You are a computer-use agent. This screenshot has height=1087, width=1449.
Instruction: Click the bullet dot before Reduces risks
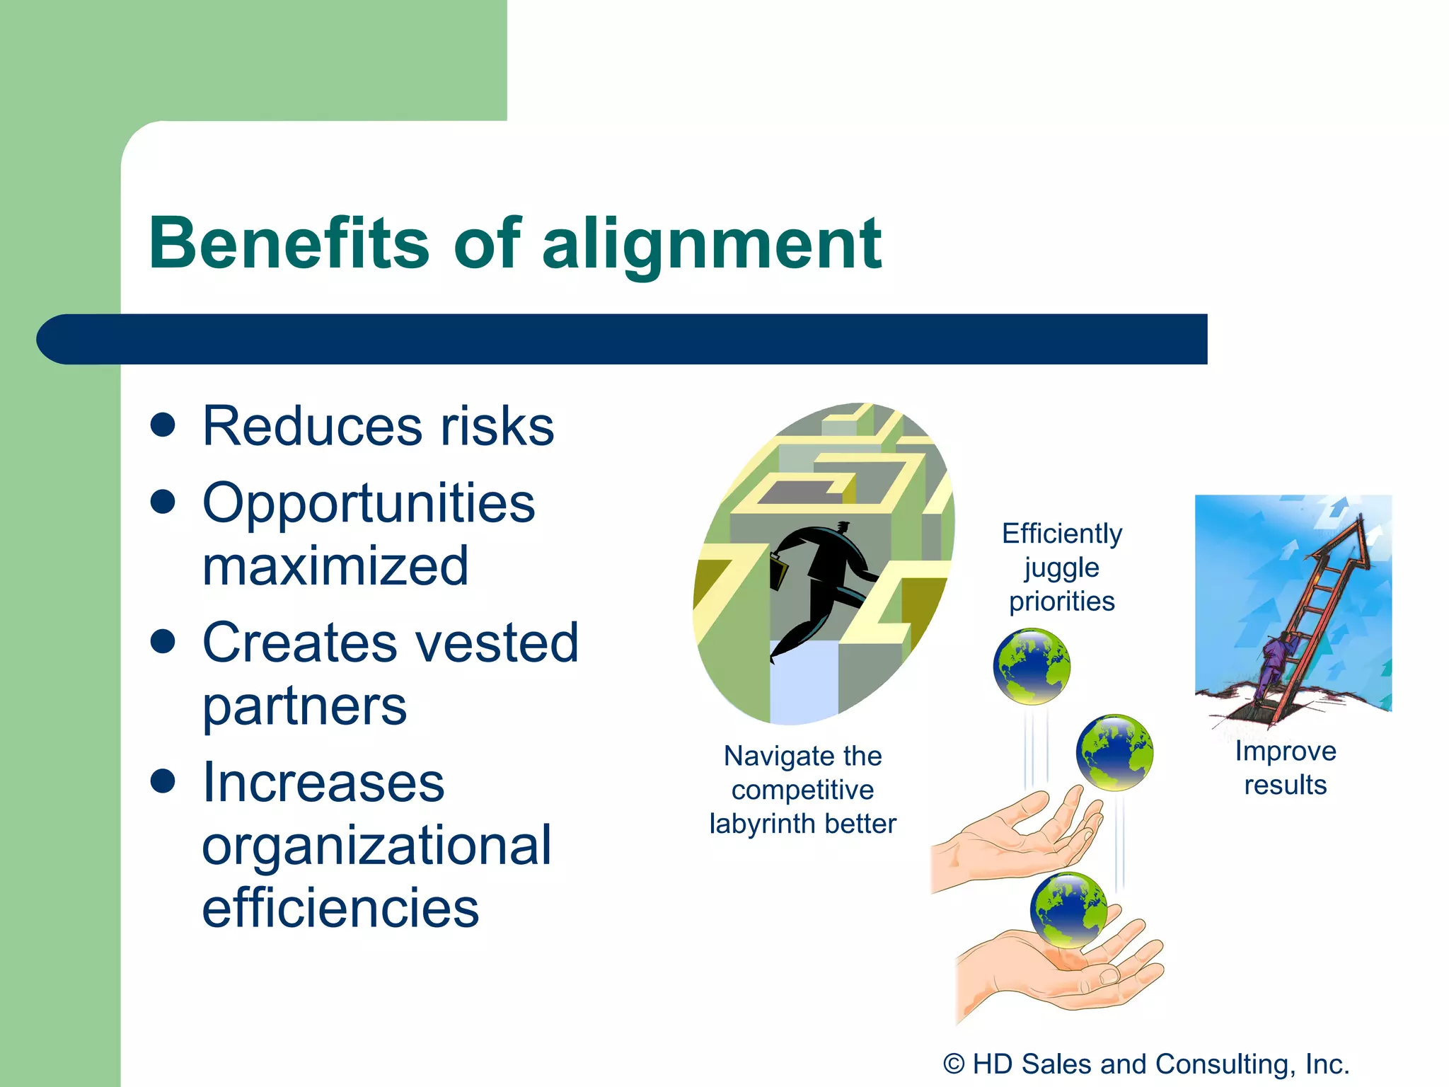coord(163,425)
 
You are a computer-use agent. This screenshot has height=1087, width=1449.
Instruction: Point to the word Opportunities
coord(369,504)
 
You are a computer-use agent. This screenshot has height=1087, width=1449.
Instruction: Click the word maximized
coord(335,566)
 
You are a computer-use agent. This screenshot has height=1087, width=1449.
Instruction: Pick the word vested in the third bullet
coord(496,643)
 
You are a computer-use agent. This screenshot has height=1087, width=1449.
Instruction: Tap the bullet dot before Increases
coord(163,781)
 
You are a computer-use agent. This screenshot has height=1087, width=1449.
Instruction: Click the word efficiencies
coord(340,908)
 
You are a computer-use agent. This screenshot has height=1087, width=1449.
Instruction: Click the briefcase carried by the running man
coord(778,572)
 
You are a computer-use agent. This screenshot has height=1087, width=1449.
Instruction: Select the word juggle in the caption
coord(1061,568)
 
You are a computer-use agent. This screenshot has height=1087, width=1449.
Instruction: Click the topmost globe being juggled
coord(1032,666)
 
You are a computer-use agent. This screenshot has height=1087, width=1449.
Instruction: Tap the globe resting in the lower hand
coord(1068,911)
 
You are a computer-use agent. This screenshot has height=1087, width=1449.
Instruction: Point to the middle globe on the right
coord(1114,752)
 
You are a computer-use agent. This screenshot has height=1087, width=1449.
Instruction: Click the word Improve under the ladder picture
coord(1285,751)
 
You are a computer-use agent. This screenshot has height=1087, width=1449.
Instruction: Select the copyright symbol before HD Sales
coord(954,1064)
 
